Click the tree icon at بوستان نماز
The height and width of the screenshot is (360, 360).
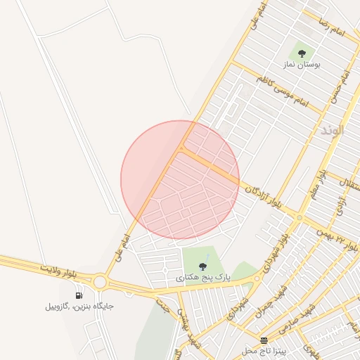(x=302, y=53)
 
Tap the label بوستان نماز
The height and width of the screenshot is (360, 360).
(x=302, y=65)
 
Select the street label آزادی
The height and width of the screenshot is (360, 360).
(x=340, y=202)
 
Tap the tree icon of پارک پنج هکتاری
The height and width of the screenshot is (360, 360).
(x=203, y=266)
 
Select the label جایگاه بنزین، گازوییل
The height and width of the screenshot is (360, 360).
(x=79, y=307)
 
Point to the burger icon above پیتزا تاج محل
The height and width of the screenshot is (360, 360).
(x=264, y=340)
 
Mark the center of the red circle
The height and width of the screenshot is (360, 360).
(x=180, y=179)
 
